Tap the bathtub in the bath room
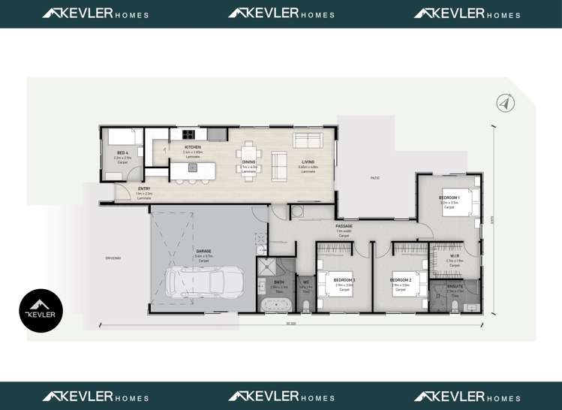[x=275, y=304]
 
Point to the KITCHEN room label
[x=193, y=147]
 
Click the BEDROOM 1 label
[x=449, y=197]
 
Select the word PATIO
[x=374, y=178]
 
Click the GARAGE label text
[x=203, y=251]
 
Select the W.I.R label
[x=455, y=256]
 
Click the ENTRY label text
[x=144, y=188]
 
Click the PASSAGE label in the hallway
[x=344, y=226]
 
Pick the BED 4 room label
[x=122, y=153]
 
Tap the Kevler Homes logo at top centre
[x=281, y=14]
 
